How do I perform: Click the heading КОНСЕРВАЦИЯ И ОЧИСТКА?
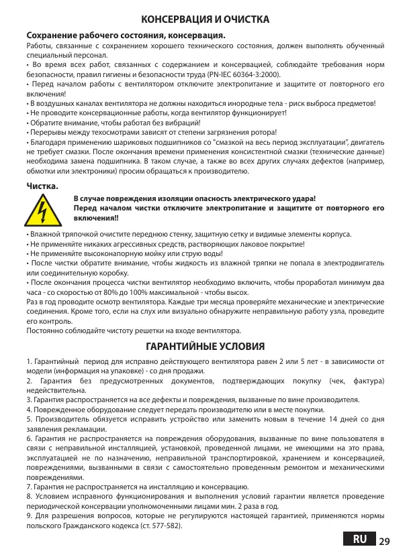(x=205, y=19)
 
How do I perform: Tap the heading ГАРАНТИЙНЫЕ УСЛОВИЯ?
(x=205, y=347)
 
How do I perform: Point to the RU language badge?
(x=359, y=539)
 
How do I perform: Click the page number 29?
(x=384, y=540)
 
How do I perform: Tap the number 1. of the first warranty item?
(x=29, y=362)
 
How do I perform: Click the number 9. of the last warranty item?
(x=29, y=515)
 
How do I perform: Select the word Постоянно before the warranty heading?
(x=44, y=330)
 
